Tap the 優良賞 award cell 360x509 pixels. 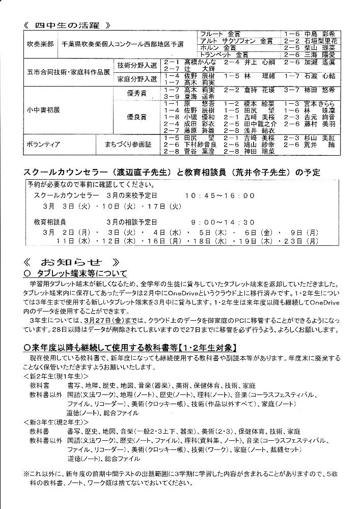(136, 117)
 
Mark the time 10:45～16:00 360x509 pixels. (219, 195)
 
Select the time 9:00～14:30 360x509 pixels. (223, 222)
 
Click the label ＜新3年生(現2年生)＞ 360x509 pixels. (57, 422)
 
